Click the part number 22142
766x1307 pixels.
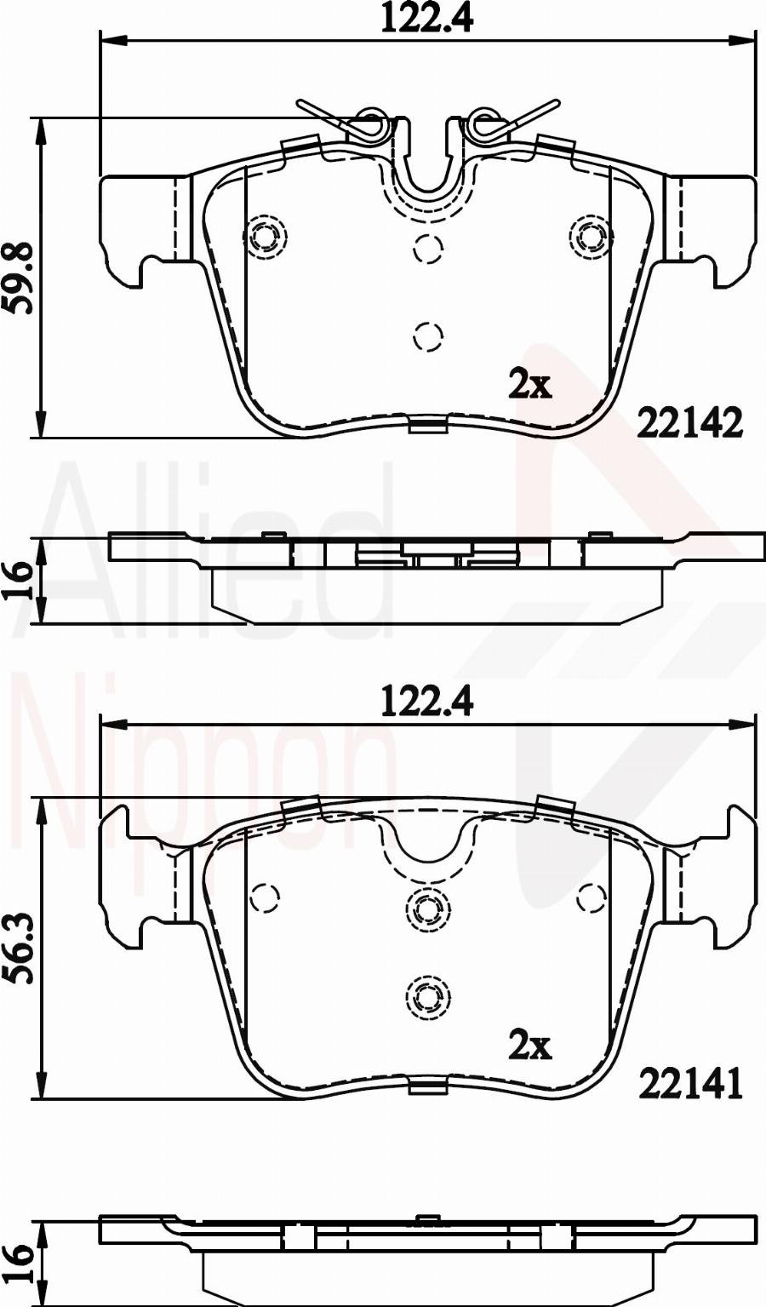tap(690, 424)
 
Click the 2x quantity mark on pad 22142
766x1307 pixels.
tap(529, 384)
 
